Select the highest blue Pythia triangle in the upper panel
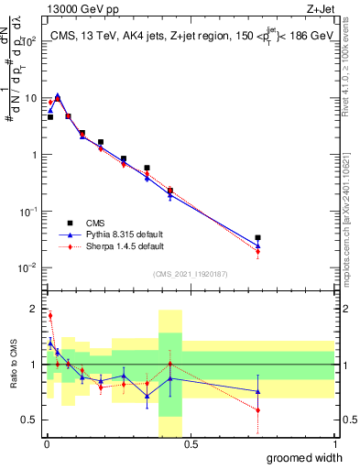(58, 95)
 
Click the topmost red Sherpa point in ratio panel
(49, 315)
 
